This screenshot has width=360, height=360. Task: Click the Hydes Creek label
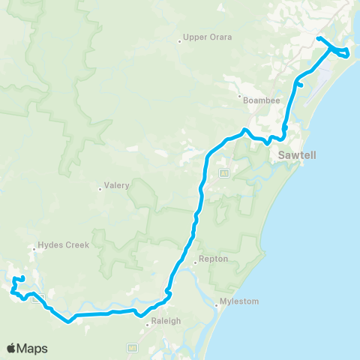tap(64, 244)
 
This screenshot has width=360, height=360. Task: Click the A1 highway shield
tap(223, 173)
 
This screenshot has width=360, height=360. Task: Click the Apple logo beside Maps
tap(12, 348)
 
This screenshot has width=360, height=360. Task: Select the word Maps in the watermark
tap(33, 348)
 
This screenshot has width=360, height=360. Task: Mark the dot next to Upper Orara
tap(180, 41)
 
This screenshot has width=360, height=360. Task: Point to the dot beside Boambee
tap(239, 97)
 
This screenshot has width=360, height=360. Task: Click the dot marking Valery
tap(100, 189)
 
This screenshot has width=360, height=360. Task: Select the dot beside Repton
tap(193, 262)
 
